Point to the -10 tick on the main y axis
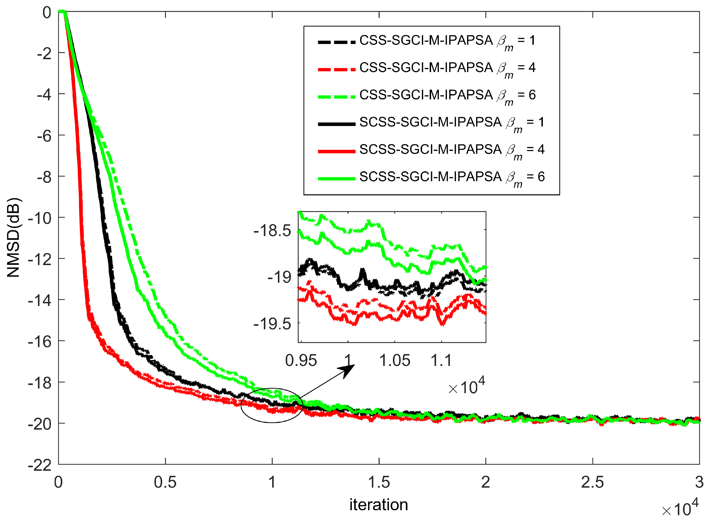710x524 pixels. (40, 218)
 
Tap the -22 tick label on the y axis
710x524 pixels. (40, 465)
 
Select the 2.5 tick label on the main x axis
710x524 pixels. (592, 482)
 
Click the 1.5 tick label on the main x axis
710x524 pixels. (379, 482)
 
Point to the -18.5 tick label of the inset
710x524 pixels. (272, 231)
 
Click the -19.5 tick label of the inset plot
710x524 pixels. (272, 324)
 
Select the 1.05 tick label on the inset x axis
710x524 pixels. (395, 361)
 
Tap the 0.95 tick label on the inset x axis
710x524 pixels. (301, 361)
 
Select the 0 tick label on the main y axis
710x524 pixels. (47, 13)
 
